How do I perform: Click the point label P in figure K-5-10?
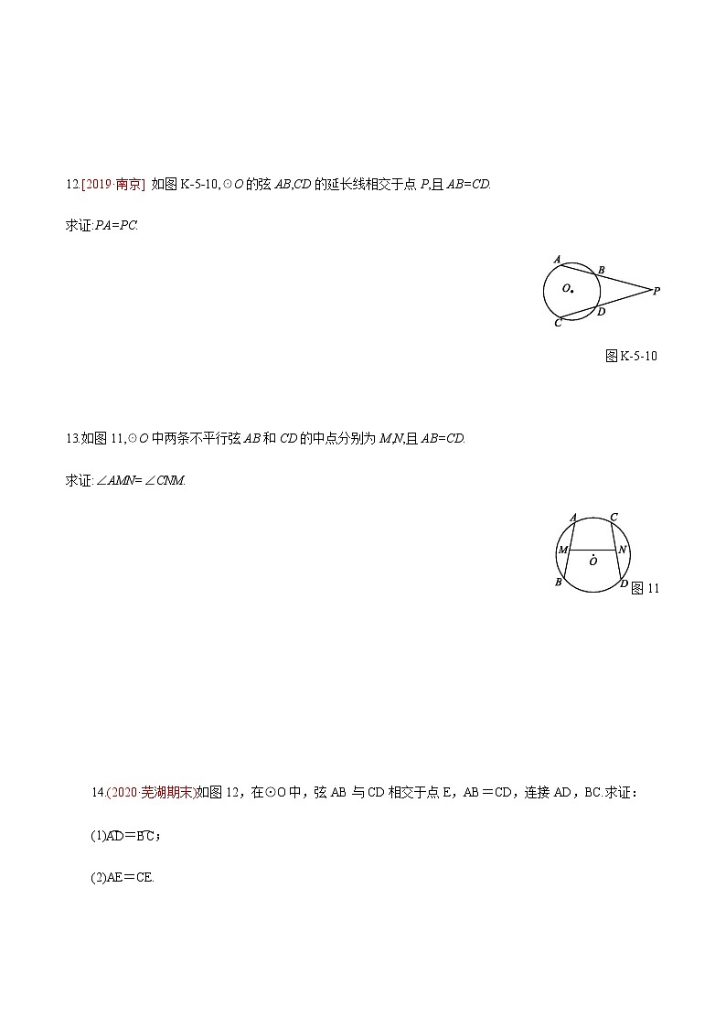tap(657, 291)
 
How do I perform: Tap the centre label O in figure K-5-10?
tap(567, 288)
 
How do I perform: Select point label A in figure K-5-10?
tap(557, 260)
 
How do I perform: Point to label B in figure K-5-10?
tap(601, 270)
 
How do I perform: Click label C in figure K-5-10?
tap(557, 324)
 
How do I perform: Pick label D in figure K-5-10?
tap(601, 312)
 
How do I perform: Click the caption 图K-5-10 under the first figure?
tap(631, 356)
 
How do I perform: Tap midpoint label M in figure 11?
tap(563, 551)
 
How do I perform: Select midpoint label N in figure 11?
tap(622, 551)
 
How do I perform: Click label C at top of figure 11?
tap(614, 518)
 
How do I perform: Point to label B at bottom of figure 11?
tap(558, 583)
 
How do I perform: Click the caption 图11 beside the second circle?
tap(646, 588)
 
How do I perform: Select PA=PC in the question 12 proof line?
tap(116, 225)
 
